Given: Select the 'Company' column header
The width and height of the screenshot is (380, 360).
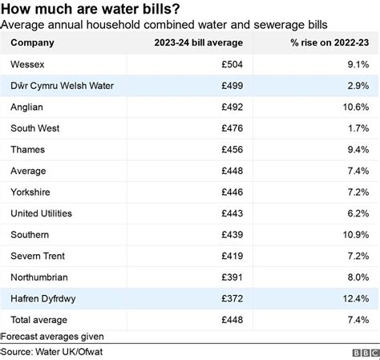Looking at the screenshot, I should click(x=31, y=42).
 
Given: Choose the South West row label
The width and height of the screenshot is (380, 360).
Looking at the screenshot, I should click(x=35, y=128).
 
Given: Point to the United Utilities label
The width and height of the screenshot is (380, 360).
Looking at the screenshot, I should click(x=42, y=214).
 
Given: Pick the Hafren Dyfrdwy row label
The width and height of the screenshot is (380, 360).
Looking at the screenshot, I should click(x=43, y=299).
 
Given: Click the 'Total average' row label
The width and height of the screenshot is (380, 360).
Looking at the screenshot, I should click(x=38, y=321).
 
